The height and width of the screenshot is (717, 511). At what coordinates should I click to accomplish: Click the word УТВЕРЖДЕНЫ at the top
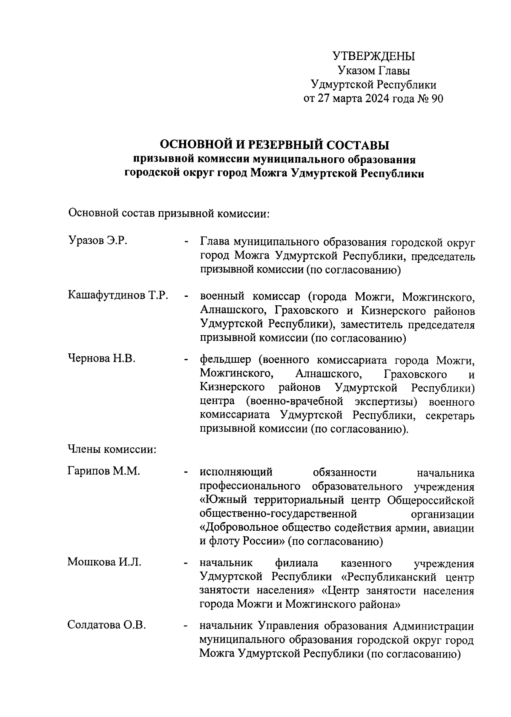click(x=373, y=56)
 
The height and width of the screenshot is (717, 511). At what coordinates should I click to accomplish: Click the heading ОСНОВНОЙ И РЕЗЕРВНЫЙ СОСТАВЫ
click(x=274, y=145)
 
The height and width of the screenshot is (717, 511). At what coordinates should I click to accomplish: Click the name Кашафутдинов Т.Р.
click(x=118, y=295)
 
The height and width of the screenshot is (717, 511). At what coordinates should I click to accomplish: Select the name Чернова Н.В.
click(x=102, y=358)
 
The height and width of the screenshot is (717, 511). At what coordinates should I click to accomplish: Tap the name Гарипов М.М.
click(x=104, y=471)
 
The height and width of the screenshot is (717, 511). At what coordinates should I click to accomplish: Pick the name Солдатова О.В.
click(x=107, y=625)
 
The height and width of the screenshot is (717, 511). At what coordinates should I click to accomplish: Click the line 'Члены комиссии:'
click(x=112, y=449)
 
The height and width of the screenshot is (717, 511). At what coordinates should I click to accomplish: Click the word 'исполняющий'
click(x=236, y=473)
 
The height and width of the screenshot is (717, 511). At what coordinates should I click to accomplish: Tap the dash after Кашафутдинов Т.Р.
click(x=186, y=296)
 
